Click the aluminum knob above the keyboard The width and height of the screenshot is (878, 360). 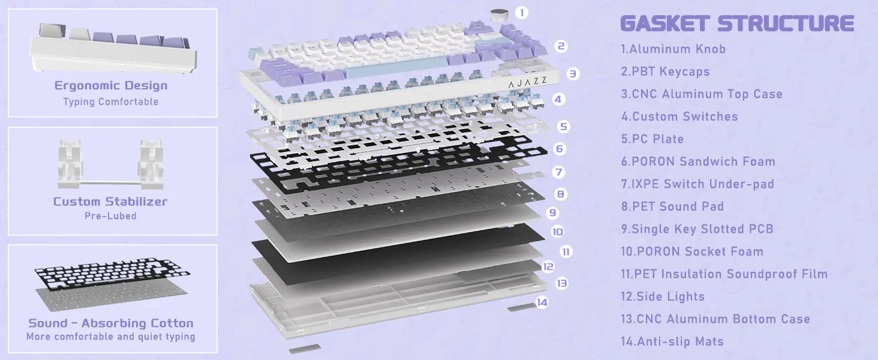pos(500,16)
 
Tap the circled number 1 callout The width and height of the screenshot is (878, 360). pos(521,13)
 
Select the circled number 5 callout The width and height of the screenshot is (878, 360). pos(563,126)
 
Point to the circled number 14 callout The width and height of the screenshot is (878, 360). pos(542,302)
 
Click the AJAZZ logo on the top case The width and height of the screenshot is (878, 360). pos(527,82)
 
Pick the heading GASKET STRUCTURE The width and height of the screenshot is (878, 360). pos(737,23)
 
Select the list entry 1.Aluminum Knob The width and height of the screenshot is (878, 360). pos(673,49)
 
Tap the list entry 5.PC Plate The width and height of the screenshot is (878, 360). pos(653,139)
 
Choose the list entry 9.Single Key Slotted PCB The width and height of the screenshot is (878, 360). pos(697,229)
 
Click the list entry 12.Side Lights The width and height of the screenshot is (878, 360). pos(663,296)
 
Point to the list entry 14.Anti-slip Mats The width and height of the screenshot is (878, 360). pos(672,341)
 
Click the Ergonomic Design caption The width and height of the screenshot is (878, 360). pos(111,85)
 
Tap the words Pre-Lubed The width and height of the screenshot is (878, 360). pos(110,215)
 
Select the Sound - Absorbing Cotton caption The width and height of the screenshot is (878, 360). pos(111,323)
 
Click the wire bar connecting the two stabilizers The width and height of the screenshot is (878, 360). pos(110,182)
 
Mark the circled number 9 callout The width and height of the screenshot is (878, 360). pos(553,212)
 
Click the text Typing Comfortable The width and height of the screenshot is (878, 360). pos(111,101)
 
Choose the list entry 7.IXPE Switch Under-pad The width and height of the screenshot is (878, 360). pos(697,184)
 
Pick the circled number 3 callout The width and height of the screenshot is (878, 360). pos(573,73)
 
